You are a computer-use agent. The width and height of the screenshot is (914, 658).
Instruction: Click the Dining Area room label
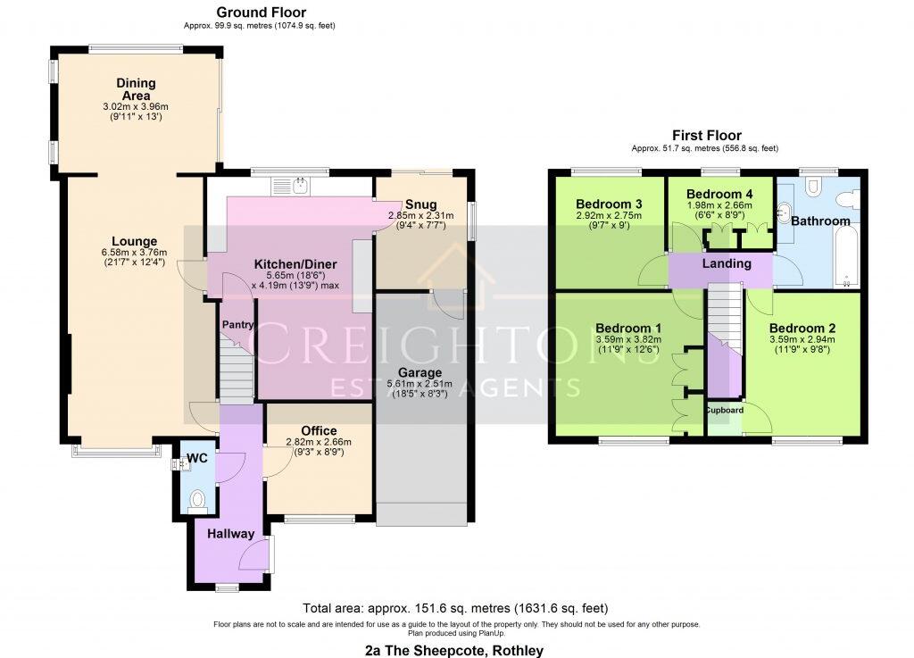coord(136,89)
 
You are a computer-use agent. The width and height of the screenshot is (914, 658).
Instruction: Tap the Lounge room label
coord(135,241)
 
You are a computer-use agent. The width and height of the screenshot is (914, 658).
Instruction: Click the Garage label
coord(420,372)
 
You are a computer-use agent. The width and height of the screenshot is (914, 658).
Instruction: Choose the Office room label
coord(319,430)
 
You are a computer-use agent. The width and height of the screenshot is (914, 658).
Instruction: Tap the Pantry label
coord(238,326)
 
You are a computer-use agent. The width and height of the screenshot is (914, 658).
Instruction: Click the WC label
coord(196,459)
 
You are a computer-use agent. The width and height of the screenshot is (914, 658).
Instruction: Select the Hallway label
coord(230,534)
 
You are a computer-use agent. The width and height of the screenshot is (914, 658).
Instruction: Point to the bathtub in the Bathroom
coord(844,256)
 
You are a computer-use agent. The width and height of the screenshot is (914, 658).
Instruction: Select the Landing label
coord(726,263)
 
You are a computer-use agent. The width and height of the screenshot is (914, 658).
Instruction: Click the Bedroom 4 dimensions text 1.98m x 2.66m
coord(719,204)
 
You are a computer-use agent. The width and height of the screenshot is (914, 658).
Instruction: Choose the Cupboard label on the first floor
coord(724,411)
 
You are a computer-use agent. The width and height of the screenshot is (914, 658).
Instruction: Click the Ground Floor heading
coord(261,12)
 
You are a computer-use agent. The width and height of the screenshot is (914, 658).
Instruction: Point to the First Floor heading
coord(706,136)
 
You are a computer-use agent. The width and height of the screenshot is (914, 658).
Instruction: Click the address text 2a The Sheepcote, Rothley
coord(455,650)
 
